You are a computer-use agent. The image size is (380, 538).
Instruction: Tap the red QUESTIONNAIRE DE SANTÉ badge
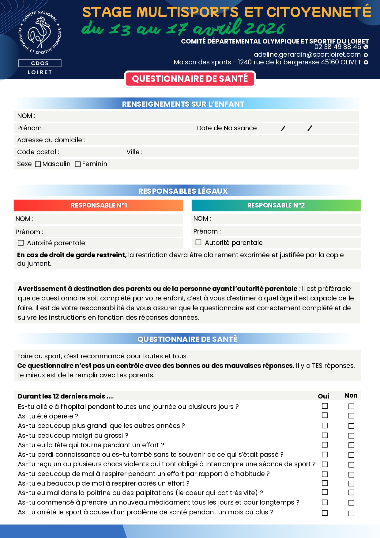click(x=190, y=79)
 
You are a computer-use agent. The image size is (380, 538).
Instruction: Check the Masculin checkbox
click(x=38, y=164)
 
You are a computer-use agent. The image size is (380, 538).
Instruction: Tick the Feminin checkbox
click(x=78, y=164)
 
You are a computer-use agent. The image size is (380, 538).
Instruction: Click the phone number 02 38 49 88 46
click(x=338, y=47)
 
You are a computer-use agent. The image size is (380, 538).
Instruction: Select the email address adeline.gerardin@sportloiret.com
click(x=307, y=55)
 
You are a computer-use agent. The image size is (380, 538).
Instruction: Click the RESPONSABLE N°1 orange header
click(x=98, y=205)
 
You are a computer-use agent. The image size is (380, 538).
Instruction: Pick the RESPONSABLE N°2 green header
click(x=276, y=205)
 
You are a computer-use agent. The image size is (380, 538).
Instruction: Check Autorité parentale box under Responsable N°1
click(x=21, y=243)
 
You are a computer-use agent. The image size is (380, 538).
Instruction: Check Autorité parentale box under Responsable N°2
click(x=198, y=242)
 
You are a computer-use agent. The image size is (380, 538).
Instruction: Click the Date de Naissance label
click(x=227, y=128)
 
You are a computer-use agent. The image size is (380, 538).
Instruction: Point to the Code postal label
click(x=38, y=152)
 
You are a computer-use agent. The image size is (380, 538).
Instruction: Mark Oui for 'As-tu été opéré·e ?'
click(x=325, y=415)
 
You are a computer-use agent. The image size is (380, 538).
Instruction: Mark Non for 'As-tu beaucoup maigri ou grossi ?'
click(x=351, y=436)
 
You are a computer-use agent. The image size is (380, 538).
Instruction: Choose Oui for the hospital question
click(x=325, y=406)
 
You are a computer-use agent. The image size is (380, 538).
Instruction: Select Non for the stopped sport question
click(x=351, y=513)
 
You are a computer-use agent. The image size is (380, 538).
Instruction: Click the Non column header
click(x=351, y=395)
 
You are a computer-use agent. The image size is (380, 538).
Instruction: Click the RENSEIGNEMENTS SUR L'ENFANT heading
click(x=183, y=104)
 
